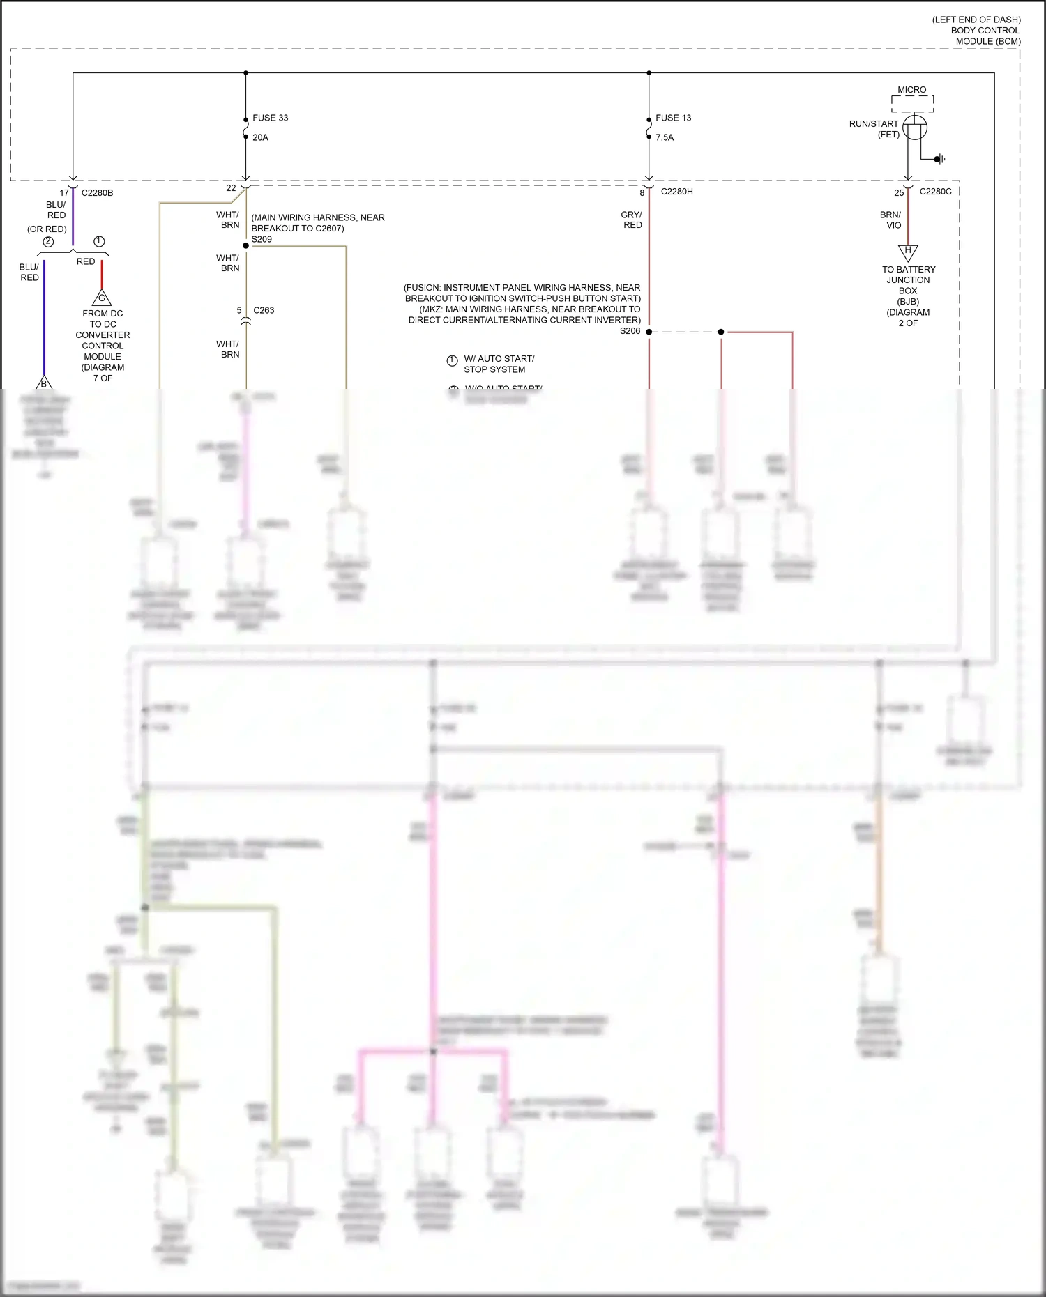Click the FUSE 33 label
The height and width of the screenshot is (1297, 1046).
click(270, 118)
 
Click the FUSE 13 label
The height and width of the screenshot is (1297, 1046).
click(673, 118)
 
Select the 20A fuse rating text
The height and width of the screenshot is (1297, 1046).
click(260, 137)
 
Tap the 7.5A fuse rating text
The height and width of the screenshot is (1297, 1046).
click(665, 137)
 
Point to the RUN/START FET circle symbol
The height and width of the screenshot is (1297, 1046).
click(914, 128)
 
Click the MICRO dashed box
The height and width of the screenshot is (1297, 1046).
click(912, 104)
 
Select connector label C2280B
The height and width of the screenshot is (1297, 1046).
click(97, 193)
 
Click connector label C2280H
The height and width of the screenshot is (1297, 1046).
click(676, 191)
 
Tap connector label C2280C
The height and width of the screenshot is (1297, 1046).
click(935, 191)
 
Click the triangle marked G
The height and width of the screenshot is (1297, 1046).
click(102, 298)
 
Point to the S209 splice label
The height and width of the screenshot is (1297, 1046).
click(261, 239)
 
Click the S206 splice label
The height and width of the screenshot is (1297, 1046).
click(630, 331)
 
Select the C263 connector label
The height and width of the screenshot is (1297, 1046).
click(264, 310)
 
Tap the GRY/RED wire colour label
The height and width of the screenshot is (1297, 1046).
click(632, 220)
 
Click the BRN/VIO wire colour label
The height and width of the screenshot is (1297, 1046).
click(890, 220)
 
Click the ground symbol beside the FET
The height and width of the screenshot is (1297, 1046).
click(940, 160)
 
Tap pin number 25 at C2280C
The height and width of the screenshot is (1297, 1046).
click(899, 193)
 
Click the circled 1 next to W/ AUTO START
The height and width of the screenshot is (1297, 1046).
click(452, 360)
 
